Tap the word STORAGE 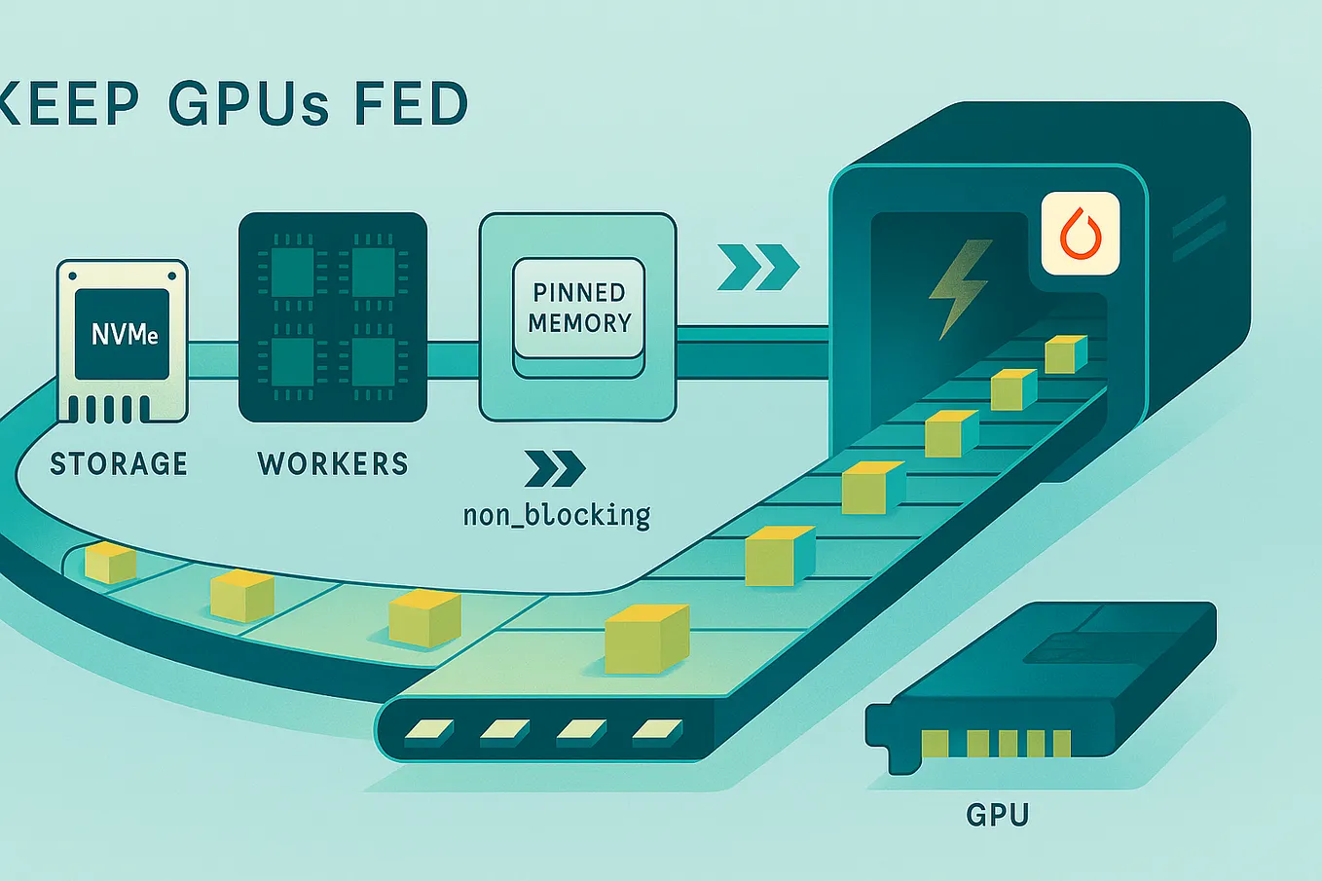point(119,463)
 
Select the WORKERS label point(333,463)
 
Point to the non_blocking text point(557,515)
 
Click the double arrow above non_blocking point(555,468)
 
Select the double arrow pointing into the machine point(758,268)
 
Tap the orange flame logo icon point(1081,233)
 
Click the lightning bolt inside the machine point(960,288)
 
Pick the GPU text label point(998,815)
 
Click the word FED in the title point(412,104)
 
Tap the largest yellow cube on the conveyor point(647,639)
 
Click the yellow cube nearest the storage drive point(110,563)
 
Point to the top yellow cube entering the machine point(1066,354)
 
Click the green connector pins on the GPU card point(996,744)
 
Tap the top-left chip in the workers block point(292,272)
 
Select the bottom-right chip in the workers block point(374,362)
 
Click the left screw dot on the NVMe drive point(73,276)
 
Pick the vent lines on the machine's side point(1198,229)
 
